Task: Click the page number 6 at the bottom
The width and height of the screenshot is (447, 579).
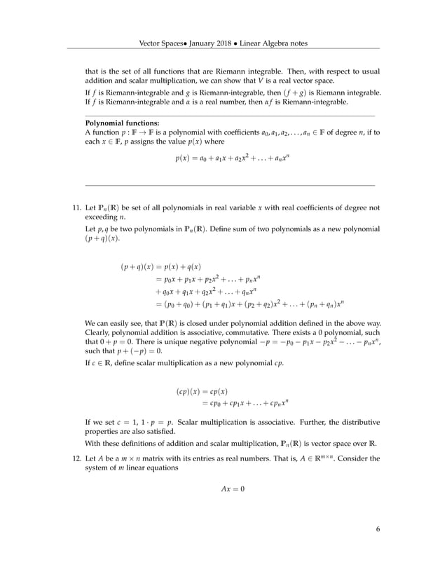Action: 378,549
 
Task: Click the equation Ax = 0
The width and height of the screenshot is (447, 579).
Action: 231,488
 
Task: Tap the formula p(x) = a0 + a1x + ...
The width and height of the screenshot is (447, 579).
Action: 232,158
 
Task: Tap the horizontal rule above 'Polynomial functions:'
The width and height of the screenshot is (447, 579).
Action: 230,115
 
